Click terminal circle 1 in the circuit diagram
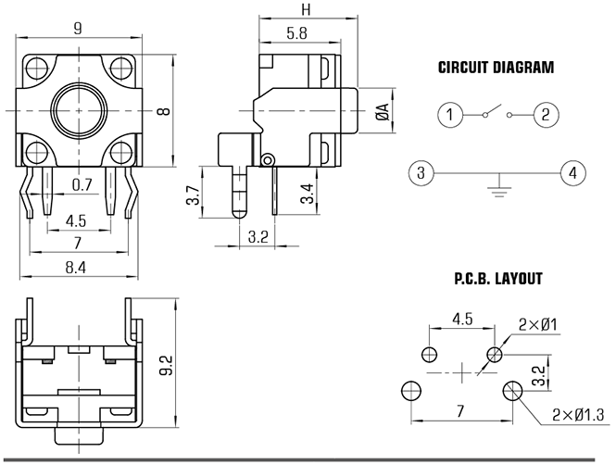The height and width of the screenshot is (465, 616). [450, 115]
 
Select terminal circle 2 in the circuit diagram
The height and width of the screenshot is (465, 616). [546, 115]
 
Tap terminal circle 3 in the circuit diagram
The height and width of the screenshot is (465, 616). [421, 173]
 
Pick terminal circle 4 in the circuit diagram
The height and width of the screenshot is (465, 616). [573, 173]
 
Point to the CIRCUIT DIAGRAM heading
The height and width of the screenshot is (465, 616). [496, 68]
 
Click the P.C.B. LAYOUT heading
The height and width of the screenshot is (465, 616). [498, 279]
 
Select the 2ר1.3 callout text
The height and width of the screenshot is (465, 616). [578, 415]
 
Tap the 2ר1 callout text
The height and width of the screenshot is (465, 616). [538, 325]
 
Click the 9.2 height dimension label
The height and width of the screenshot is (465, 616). [167, 365]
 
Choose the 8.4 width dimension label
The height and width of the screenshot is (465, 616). [76, 268]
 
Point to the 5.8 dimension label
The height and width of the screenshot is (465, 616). [297, 33]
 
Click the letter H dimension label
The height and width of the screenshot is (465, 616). [306, 9]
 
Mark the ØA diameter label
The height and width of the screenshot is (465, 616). [382, 111]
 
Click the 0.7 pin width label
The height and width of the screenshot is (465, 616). [82, 184]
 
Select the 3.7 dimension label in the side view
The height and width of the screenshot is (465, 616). [193, 195]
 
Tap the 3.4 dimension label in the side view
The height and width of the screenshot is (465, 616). [308, 194]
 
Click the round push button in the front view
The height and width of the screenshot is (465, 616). [80, 110]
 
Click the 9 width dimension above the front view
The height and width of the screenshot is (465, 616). [78, 29]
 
